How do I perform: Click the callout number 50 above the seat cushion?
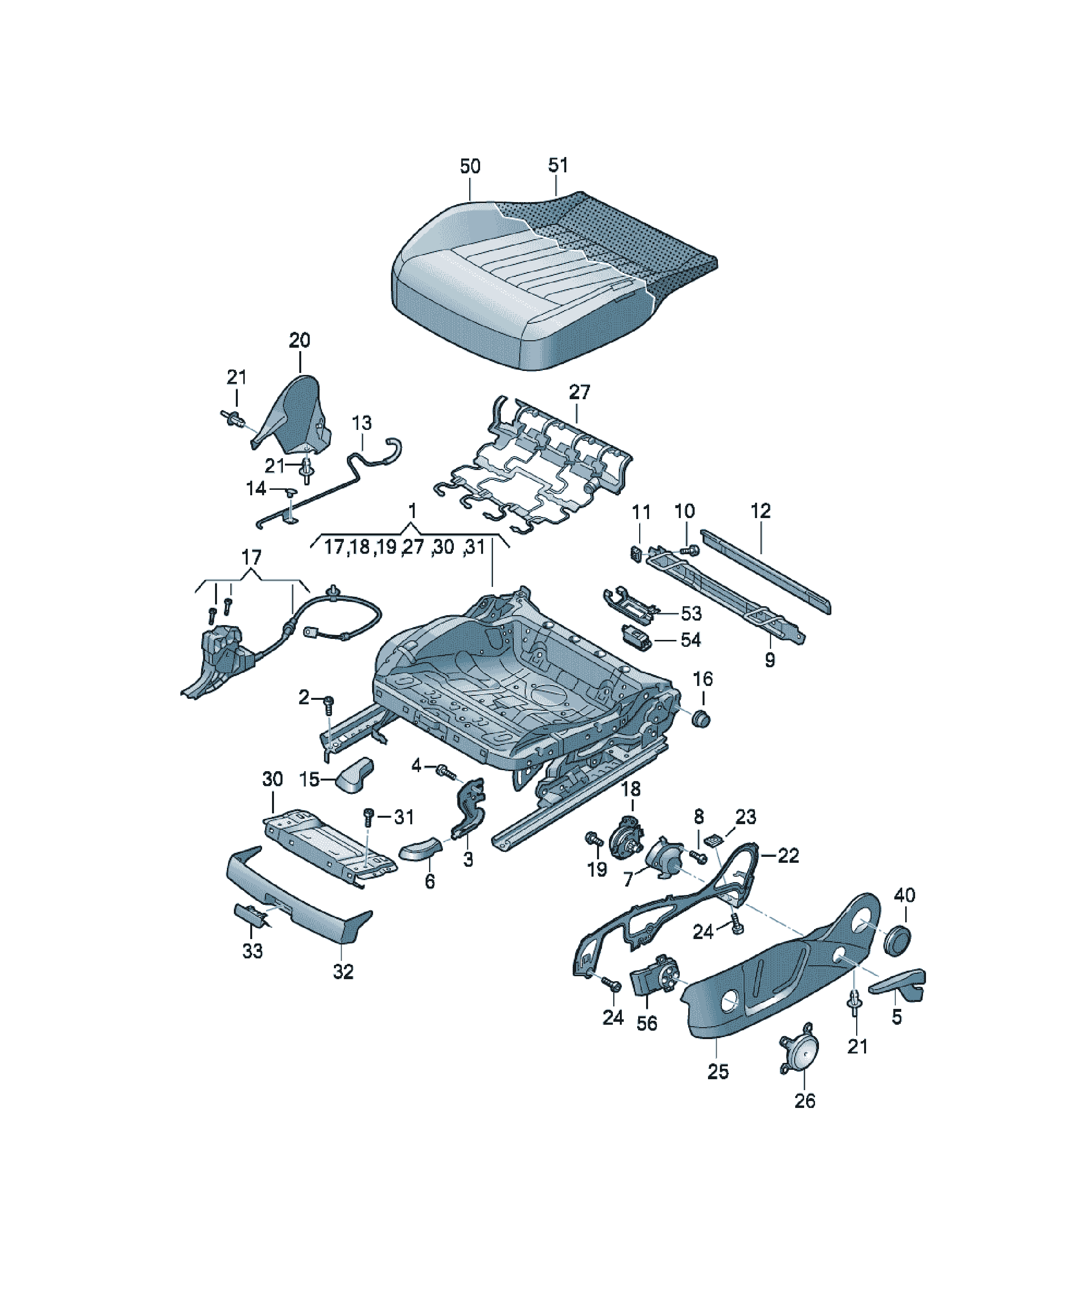(x=470, y=166)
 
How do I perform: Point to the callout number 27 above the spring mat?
(x=579, y=392)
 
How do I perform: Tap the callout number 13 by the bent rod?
(x=362, y=423)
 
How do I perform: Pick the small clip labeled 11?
(x=636, y=553)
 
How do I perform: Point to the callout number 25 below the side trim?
(x=718, y=1072)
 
